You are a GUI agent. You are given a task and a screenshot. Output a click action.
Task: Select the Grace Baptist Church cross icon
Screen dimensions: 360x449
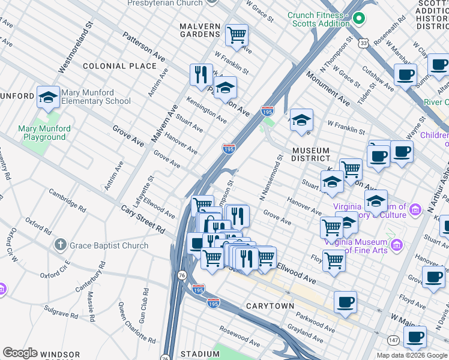click(59, 245)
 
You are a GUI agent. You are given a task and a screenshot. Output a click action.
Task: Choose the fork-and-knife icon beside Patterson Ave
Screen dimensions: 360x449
click(200, 75)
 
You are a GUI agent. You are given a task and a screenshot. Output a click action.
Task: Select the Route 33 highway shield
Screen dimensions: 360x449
click(364, 43)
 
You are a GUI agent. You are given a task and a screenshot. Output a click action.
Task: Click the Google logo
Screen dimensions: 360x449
click(20, 353)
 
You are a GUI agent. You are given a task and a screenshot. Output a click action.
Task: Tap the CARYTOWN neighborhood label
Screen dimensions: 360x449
click(270, 306)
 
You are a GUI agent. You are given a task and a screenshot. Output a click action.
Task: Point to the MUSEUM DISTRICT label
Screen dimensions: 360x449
click(311, 155)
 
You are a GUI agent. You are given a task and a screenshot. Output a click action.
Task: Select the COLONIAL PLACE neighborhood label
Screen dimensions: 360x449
click(119, 65)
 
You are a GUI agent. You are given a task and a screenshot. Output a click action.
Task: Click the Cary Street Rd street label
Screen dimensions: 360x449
click(143, 220)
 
